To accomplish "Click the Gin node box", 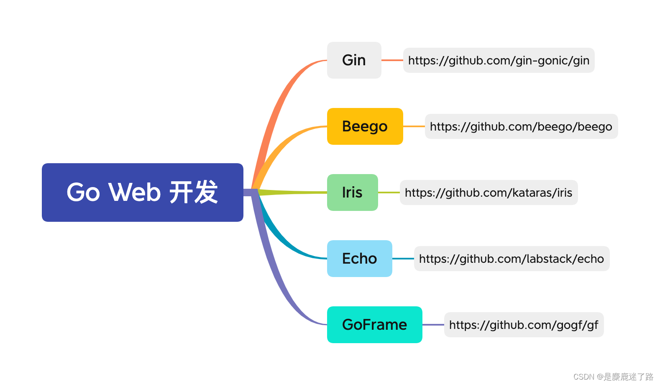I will point(354,60).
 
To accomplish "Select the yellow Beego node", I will point(365,126).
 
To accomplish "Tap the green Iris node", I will point(352,192).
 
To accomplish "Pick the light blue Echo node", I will point(359,259).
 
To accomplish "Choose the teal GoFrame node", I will point(374,325).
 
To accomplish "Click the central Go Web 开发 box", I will point(142,192).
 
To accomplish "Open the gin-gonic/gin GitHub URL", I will point(499,60).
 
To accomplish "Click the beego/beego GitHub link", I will point(521,126).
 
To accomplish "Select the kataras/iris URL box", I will point(489,192).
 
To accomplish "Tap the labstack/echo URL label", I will point(512,259).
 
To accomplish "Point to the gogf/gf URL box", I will point(524,325).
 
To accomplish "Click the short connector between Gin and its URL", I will point(392,60).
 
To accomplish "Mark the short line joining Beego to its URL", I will point(414,126).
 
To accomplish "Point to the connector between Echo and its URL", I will point(403,259).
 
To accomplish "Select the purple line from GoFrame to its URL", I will point(433,325).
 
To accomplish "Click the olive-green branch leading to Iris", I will point(293,192).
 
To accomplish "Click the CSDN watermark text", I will point(613,377).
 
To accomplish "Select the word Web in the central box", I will point(134,192).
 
